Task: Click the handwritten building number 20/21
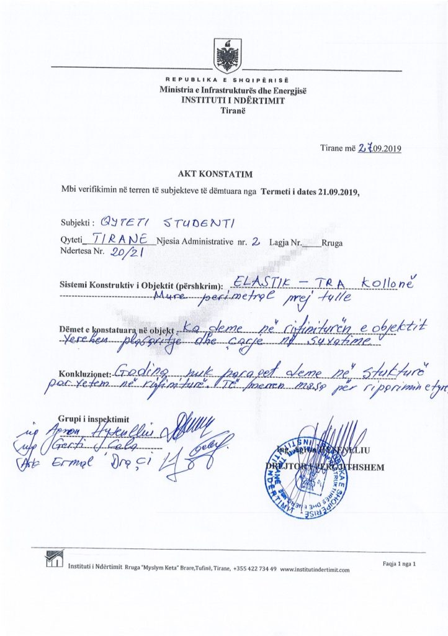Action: (125, 252)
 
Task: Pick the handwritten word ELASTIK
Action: (261, 282)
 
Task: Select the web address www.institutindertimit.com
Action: (315, 569)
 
